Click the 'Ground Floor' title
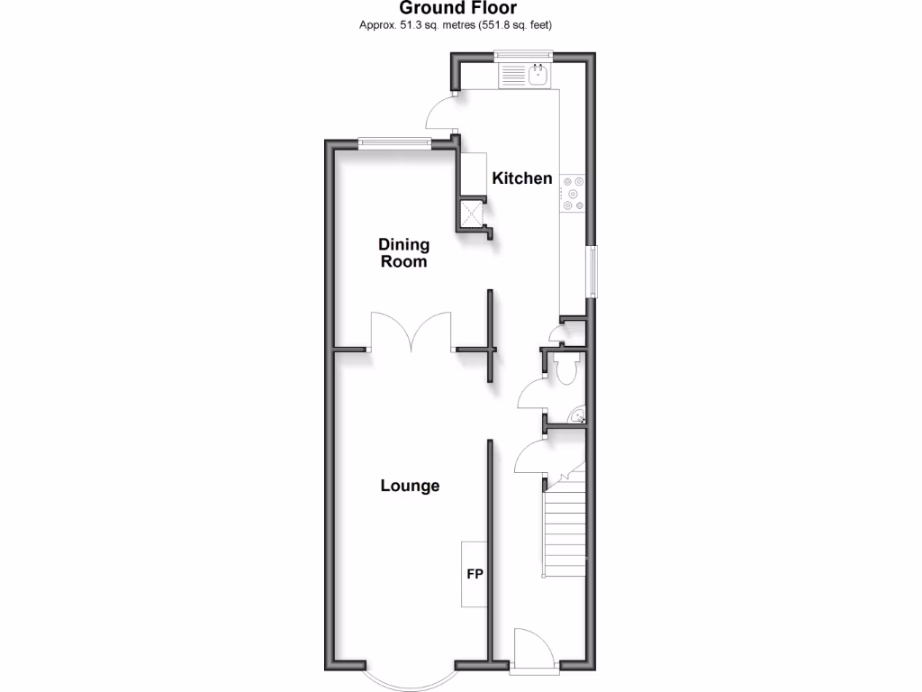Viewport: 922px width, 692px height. coord(459,8)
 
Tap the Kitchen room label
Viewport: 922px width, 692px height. coord(522,178)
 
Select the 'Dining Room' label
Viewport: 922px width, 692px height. coord(403,253)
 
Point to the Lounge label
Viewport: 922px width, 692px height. coord(410,486)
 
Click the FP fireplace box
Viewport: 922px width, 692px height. coord(474,574)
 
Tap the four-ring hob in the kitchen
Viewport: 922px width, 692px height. coord(573,193)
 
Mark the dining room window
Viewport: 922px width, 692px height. coord(393,141)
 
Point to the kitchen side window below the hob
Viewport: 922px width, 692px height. coord(591,270)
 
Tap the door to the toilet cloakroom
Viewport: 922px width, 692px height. coord(532,394)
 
